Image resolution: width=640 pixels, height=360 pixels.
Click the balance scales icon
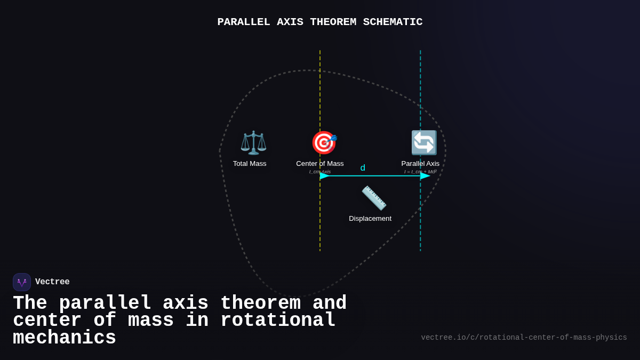(253, 142)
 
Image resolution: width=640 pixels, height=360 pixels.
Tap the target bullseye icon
(324, 142)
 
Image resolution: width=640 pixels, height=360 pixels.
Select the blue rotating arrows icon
(424, 142)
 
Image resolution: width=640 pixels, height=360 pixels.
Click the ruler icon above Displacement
(374, 198)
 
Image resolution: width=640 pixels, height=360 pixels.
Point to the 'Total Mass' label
(250, 164)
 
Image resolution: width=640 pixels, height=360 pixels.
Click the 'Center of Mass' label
(320, 164)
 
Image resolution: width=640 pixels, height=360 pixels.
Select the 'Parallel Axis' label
(420, 164)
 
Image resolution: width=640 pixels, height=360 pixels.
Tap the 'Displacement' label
(370, 219)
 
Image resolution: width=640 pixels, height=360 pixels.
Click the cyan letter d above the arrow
(363, 168)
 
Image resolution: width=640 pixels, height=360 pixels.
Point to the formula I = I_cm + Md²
(420, 172)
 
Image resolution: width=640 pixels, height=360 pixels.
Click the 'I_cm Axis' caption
(320, 172)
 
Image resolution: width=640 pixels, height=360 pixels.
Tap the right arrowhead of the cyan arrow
(425, 175)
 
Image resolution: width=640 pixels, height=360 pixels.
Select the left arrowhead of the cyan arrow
(324, 175)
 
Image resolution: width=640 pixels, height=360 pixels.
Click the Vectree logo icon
(22, 282)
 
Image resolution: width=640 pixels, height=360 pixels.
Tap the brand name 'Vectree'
(52, 282)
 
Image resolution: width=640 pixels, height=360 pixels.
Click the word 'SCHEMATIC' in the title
(393, 22)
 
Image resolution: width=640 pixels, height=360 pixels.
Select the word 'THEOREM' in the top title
(333, 22)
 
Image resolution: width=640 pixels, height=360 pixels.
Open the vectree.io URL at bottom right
(524, 338)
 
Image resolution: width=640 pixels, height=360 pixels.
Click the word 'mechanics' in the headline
(65, 338)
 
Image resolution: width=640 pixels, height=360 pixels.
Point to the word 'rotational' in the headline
(278, 321)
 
